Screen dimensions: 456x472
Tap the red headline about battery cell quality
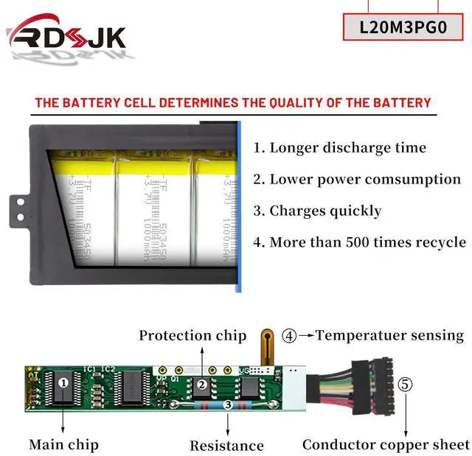(232, 103)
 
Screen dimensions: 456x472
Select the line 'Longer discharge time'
(340, 147)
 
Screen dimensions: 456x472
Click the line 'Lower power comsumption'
(357, 179)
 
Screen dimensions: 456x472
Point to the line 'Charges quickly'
(317, 211)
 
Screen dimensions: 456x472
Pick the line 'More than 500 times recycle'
(359, 242)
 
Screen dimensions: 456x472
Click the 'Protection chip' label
(192, 336)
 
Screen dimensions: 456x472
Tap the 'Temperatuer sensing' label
(389, 335)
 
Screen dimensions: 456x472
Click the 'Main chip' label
(63, 444)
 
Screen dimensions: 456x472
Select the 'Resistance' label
(226, 445)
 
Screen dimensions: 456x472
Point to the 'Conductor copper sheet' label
(386, 444)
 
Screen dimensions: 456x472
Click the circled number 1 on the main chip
(63, 382)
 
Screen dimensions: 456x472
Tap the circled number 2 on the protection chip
(201, 383)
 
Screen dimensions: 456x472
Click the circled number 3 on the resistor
(227, 404)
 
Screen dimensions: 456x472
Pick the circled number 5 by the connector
(405, 384)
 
